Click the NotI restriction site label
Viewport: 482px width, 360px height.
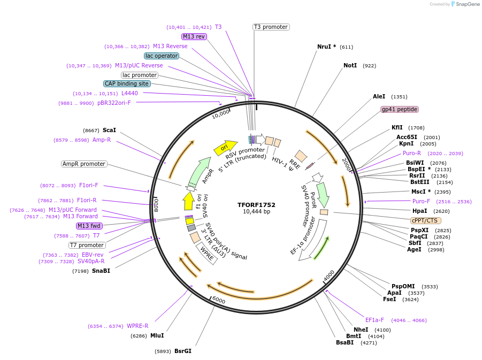point(350,65)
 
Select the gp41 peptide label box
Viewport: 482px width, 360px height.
point(399,109)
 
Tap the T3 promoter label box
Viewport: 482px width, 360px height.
point(271,27)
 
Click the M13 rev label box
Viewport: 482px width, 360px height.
point(194,36)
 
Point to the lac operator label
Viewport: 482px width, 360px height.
point(162,56)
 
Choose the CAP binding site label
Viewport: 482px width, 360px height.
point(127,83)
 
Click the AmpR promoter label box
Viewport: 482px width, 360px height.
point(84,164)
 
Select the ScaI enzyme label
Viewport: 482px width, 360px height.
point(109,130)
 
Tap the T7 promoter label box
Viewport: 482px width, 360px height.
point(87,245)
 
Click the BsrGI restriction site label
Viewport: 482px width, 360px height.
point(182,351)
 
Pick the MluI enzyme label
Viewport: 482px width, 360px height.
point(157,335)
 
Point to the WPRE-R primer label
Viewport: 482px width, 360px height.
point(137,326)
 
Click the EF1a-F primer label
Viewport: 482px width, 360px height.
point(374,320)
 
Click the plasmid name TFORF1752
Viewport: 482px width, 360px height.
point(256,204)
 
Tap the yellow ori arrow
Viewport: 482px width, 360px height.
point(225,148)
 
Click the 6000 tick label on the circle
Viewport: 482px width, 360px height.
point(219,300)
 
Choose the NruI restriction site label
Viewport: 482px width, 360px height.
point(326,47)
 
